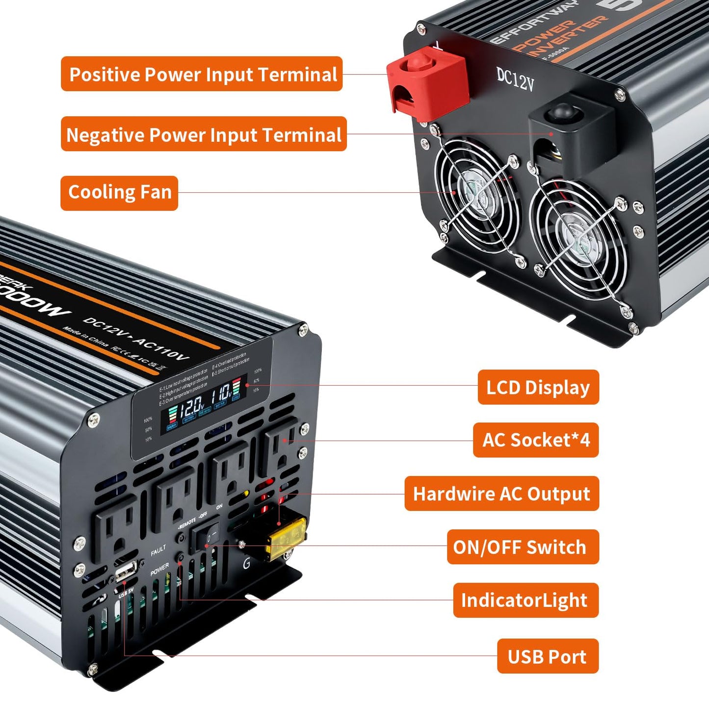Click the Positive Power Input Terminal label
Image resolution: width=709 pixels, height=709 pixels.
(202, 74)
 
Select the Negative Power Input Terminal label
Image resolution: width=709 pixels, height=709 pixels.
(204, 134)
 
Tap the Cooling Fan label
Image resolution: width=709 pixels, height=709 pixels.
(119, 193)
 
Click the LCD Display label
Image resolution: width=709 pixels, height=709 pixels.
(538, 387)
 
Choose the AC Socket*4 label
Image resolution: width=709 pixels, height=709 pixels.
(536, 440)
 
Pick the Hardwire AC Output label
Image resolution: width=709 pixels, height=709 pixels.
(501, 494)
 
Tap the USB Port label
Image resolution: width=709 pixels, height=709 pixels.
(548, 656)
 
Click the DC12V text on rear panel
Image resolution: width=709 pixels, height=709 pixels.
(515, 79)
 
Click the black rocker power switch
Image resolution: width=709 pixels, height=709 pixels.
(206, 536)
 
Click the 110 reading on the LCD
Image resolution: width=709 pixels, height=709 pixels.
(222, 393)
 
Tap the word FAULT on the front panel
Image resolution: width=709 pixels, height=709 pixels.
(158, 551)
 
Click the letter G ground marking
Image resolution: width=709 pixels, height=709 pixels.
(246, 564)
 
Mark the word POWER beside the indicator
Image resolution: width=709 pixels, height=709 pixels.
(159, 569)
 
